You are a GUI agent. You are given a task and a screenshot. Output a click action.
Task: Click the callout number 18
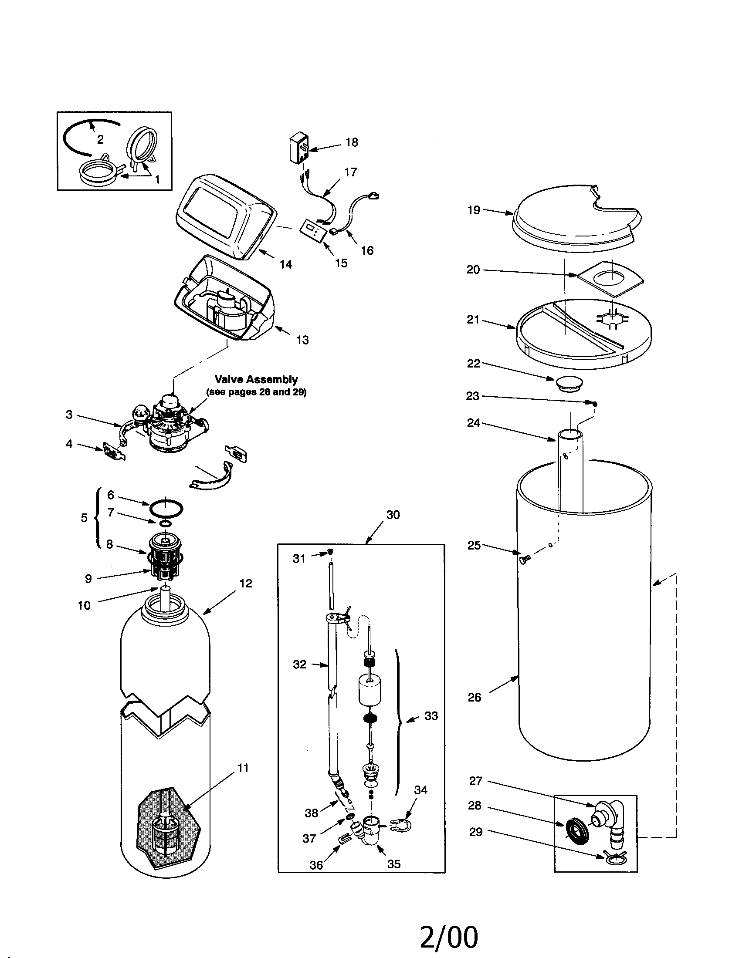coord(352,142)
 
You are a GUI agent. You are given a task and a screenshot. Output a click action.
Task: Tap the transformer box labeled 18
coord(298,149)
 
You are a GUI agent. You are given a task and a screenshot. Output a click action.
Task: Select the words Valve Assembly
coord(256,379)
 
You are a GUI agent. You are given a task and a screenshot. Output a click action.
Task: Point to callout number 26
coord(474,697)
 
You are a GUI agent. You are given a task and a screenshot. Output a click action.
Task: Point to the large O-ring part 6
coord(166,509)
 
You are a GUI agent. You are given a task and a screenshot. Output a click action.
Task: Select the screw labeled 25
coord(525,559)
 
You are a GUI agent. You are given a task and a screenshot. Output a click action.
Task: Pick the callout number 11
coord(243,768)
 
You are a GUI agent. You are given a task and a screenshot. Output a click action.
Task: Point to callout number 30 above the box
coord(393,515)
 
